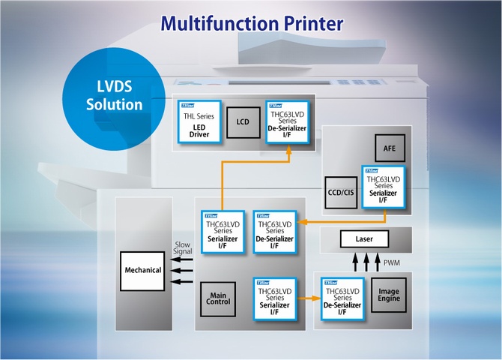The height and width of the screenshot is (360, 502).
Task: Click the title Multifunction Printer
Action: coord(250,22)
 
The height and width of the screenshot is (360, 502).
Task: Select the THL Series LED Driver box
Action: coord(199,121)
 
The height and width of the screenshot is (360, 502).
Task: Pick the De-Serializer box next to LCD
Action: coord(286,121)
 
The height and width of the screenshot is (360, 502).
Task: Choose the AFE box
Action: coord(389,147)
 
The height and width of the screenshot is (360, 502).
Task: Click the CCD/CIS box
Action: coord(340,192)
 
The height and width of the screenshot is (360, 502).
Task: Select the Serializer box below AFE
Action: coord(382,187)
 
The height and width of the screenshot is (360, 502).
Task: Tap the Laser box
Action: coord(365,240)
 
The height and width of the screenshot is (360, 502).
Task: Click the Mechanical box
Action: coord(142,270)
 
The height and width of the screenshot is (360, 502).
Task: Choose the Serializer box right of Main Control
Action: coord(275,297)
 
